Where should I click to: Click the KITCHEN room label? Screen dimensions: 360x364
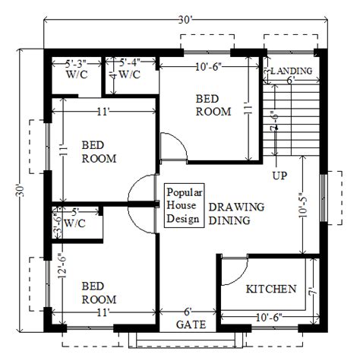271,289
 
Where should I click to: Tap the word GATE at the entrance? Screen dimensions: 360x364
191,324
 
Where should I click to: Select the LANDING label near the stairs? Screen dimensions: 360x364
292,71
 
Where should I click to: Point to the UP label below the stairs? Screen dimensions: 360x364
279,176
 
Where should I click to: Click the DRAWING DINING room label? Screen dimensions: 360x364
236,214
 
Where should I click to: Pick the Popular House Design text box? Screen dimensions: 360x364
185,205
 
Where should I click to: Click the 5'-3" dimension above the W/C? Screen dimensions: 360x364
76,64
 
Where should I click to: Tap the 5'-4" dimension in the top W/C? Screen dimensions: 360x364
130,62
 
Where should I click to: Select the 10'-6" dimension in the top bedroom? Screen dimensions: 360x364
209,68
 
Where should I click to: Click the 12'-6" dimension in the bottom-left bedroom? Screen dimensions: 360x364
62,265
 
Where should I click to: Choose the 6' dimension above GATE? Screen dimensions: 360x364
188,312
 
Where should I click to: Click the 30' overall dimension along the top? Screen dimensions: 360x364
185,20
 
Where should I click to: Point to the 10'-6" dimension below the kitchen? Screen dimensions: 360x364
269,318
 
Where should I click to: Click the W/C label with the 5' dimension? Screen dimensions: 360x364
74,223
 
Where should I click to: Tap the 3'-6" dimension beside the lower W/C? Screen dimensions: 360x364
57,222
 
